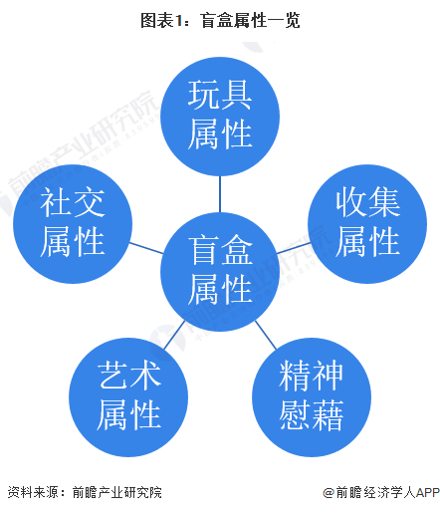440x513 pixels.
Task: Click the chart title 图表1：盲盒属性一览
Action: tap(220, 21)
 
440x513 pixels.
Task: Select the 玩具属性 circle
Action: tap(220, 117)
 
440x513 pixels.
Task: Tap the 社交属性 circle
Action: tap(73, 224)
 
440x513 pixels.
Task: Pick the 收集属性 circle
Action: tap(367, 224)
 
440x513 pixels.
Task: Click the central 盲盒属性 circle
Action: tap(220, 272)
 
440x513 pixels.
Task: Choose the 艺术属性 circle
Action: tap(128, 397)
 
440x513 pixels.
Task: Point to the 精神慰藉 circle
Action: tap(312, 397)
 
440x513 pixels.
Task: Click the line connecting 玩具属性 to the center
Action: tap(220, 194)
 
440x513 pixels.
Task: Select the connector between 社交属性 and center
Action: tap(146, 248)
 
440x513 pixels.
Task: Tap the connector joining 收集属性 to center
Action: tap(294, 248)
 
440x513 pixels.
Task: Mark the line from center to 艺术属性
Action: tap(174, 335)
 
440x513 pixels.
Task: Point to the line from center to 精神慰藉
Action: tap(266, 335)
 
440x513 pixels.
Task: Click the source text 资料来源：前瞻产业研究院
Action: tap(85, 492)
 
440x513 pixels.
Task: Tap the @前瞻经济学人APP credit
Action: tap(381, 492)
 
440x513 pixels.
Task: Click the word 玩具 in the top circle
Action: tap(220, 95)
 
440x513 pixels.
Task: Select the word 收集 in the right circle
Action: tap(367, 202)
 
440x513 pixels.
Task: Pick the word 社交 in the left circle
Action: tap(73, 202)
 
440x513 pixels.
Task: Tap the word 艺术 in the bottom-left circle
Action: tap(128, 376)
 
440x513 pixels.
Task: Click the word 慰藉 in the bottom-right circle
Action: tap(312, 415)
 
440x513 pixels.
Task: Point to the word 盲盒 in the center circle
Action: tap(220, 250)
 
